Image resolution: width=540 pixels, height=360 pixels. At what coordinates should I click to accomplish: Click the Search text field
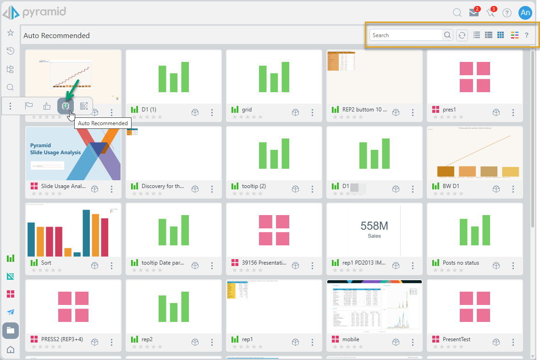point(406,35)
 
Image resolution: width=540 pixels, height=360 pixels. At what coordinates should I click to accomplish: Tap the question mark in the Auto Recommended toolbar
point(527,35)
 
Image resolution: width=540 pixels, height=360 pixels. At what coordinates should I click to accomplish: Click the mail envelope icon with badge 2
point(474,13)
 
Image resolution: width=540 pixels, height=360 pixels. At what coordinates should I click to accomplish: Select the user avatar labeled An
point(525,13)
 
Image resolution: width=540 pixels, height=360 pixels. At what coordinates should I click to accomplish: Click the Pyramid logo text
point(44,11)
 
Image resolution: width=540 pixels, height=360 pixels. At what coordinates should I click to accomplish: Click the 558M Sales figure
point(374,229)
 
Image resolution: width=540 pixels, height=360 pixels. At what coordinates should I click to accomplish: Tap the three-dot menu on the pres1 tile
point(513,112)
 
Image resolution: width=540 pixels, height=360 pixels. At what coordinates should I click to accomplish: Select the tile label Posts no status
point(461,263)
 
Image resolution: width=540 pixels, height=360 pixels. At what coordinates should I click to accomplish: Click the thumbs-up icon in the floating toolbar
point(47,106)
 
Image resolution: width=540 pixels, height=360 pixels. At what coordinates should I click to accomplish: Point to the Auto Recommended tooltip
point(103,123)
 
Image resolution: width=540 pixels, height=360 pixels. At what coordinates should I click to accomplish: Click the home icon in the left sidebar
point(11,350)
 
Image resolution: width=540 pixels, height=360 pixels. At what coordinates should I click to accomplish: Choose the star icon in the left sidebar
point(11,33)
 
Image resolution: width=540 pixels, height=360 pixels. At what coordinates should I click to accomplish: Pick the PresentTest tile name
point(457,339)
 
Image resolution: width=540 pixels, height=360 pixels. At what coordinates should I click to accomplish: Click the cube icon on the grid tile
point(295,112)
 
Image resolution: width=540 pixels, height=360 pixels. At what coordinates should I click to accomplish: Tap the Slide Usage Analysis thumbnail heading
point(55,149)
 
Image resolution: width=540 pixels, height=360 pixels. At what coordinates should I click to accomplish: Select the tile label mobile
point(351,339)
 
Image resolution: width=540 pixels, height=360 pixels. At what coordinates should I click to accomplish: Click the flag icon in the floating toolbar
point(29,106)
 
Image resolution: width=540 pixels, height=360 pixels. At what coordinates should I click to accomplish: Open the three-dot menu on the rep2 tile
point(212,342)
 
